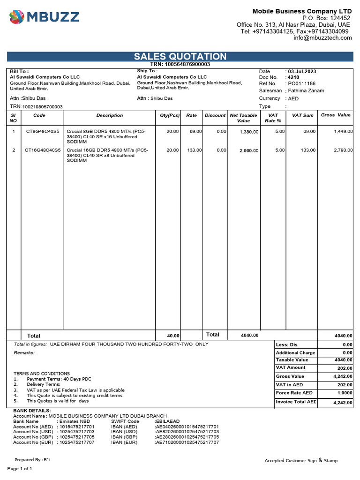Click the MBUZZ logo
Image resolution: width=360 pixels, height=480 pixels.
[x=44, y=17]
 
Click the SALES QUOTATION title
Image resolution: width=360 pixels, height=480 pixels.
[x=180, y=56]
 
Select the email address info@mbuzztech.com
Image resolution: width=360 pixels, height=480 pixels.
[x=322, y=38]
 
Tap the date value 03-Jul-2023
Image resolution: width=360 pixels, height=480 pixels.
[x=302, y=71]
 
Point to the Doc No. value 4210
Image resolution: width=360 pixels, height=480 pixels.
[x=293, y=77]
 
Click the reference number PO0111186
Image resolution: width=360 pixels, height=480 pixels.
[x=301, y=83]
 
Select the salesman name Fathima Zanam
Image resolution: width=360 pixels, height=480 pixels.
[x=306, y=90]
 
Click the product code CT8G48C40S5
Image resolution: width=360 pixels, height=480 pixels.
[x=42, y=132]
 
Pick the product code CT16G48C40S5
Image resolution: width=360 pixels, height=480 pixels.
[x=42, y=150]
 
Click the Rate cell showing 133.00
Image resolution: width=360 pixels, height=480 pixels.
[x=194, y=150]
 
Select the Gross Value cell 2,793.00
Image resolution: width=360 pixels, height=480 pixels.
[x=343, y=150]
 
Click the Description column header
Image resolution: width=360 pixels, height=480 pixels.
[x=109, y=115]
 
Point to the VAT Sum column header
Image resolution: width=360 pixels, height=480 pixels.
[x=302, y=115]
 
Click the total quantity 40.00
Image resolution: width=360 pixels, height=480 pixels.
[x=173, y=336]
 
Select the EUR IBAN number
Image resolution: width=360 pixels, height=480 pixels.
[x=187, y=442]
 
